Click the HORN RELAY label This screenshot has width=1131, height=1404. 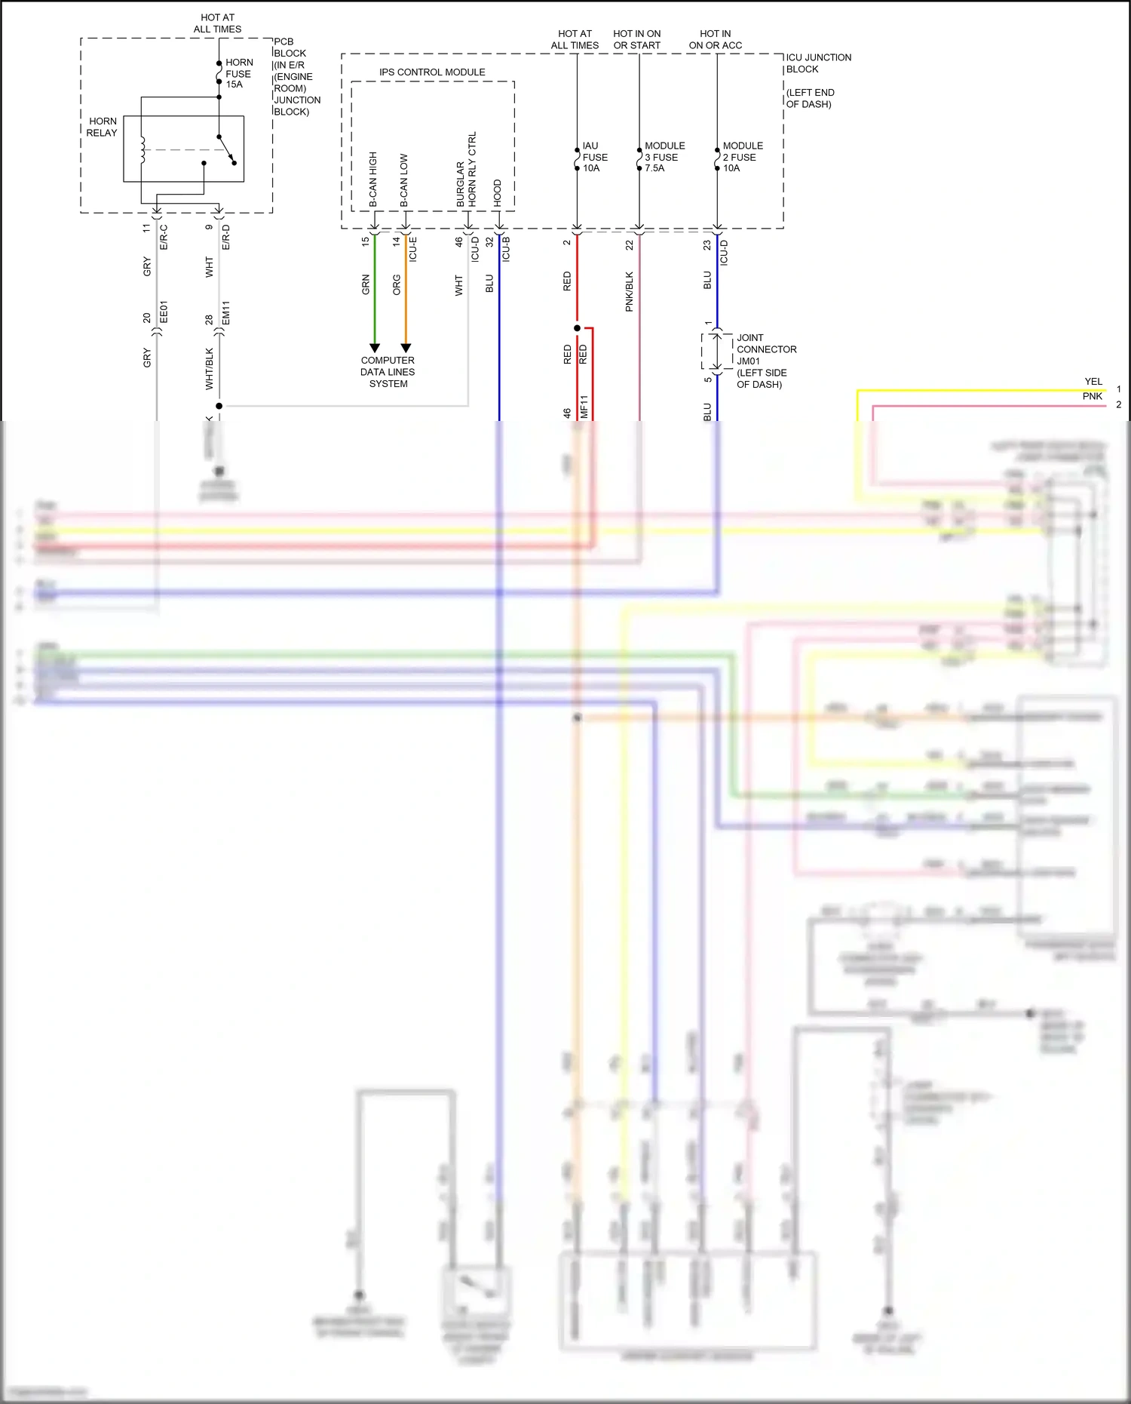pos(102,127)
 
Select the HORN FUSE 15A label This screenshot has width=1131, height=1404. pos(239,74)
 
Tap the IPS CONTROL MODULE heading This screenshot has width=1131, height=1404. pos(432,72)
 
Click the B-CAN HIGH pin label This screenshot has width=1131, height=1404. pos(373,180)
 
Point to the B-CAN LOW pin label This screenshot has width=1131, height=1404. pos(404,180)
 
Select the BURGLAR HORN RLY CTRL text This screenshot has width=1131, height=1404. pos(466,171)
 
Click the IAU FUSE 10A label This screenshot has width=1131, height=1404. pos(594,157)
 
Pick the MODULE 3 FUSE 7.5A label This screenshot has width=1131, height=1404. pos(664,157)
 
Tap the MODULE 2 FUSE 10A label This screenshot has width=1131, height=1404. pos(742,157)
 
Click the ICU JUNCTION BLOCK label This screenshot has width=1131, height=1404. pos(818,63)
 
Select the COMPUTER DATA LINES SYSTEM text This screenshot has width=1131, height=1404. pos(388,372)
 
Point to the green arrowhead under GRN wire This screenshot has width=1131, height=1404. pos(375,349)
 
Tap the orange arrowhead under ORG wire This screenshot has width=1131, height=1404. pos(406,349)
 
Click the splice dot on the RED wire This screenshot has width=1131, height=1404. pos(577,328)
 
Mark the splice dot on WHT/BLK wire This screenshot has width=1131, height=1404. pos(219,406)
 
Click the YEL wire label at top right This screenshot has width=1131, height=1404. pos(1093,382)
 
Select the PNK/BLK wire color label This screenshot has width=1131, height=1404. pos(630,291)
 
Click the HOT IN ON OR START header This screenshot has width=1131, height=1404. pos(637,39)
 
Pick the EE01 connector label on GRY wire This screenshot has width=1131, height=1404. pos(164,312)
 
